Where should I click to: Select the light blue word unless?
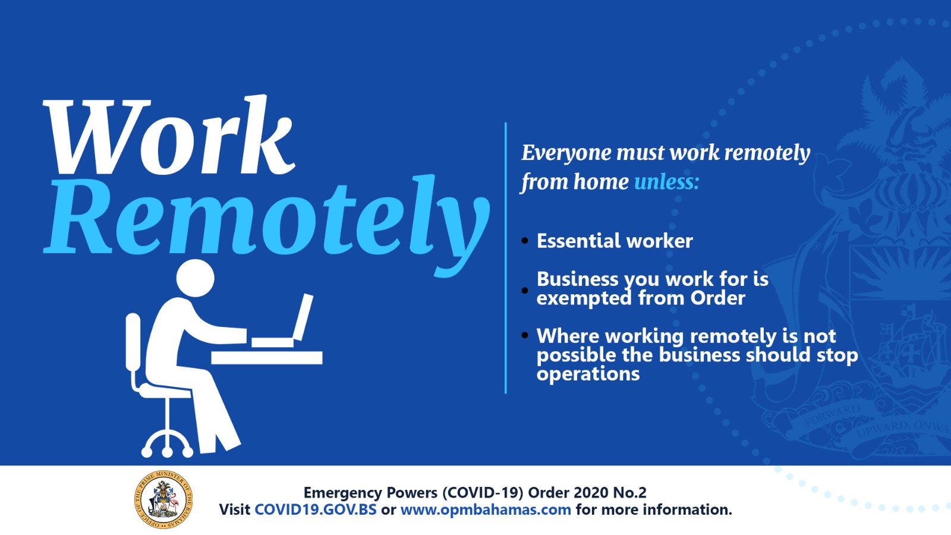pyautogui.click(x=666, y=182)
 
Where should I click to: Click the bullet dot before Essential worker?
pyautogui.click(x=525, y=241)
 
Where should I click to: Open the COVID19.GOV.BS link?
pyautogui.click(x=316, y=509)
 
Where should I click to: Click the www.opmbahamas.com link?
pyautogui.click(x=486, y=509)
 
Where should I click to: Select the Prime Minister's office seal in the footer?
pyautogui.click(x=163, y=499)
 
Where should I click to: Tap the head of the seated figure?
pyautogui.click(x=196, y=278)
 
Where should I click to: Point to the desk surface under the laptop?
pyautogui.click(x=267, y=357)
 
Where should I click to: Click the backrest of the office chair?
pyautogui.click(x=133, y=342)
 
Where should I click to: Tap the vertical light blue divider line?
pyautogui.click(x=506, y=258)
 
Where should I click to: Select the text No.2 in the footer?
pyautogui.click(x=629, y=493)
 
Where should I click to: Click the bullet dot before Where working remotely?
pyautogui.click(x=525, y=335)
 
